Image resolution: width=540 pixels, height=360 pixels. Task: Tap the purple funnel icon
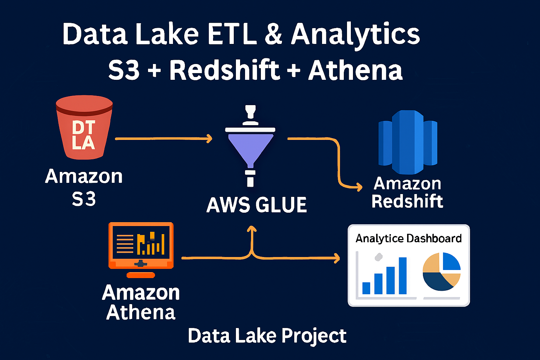pyautogui.click(x=250, y=148)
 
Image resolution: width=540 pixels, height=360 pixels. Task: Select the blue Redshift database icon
pyautogui.click(x=408, y=142)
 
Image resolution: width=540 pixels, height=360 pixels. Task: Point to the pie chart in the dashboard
pyautogui.click(x=442, y=271)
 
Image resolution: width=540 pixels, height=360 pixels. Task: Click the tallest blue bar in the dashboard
pyautogui.click(x=403, y=276)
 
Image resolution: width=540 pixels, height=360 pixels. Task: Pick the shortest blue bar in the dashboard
pyautogui.click(x=366, y=288)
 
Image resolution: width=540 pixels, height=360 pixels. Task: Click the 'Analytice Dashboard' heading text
pyautogui.click(x=409, y=238)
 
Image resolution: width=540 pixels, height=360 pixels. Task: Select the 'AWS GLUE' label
pyautogui.click(x=257, y=205)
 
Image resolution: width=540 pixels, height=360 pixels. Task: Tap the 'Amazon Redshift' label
pyautogui.click(x=407, y=192)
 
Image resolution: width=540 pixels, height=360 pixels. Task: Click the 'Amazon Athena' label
pyautogui.click(x=141, y=302)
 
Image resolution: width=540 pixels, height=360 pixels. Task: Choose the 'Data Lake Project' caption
pyautogui.click(x=267, y=336)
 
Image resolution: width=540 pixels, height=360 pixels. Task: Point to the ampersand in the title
pyautogui.click(x=274, y=34)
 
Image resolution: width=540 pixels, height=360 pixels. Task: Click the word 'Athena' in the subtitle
pyautogui.click(x=355, y=70)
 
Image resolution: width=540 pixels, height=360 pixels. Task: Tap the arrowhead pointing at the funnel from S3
pyautogui.click(x=210, y=139)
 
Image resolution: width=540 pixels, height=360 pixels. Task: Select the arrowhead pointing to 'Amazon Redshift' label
pyautogui.click(x=359, y=187)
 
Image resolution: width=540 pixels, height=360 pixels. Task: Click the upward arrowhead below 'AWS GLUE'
pyautogui.click(x=252, y=229)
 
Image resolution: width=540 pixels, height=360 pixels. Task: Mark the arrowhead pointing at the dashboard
pyautogui.click(x=337, y=258)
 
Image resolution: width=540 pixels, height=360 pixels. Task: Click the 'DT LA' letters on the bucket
pyautogui.click(x=83, y=135)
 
